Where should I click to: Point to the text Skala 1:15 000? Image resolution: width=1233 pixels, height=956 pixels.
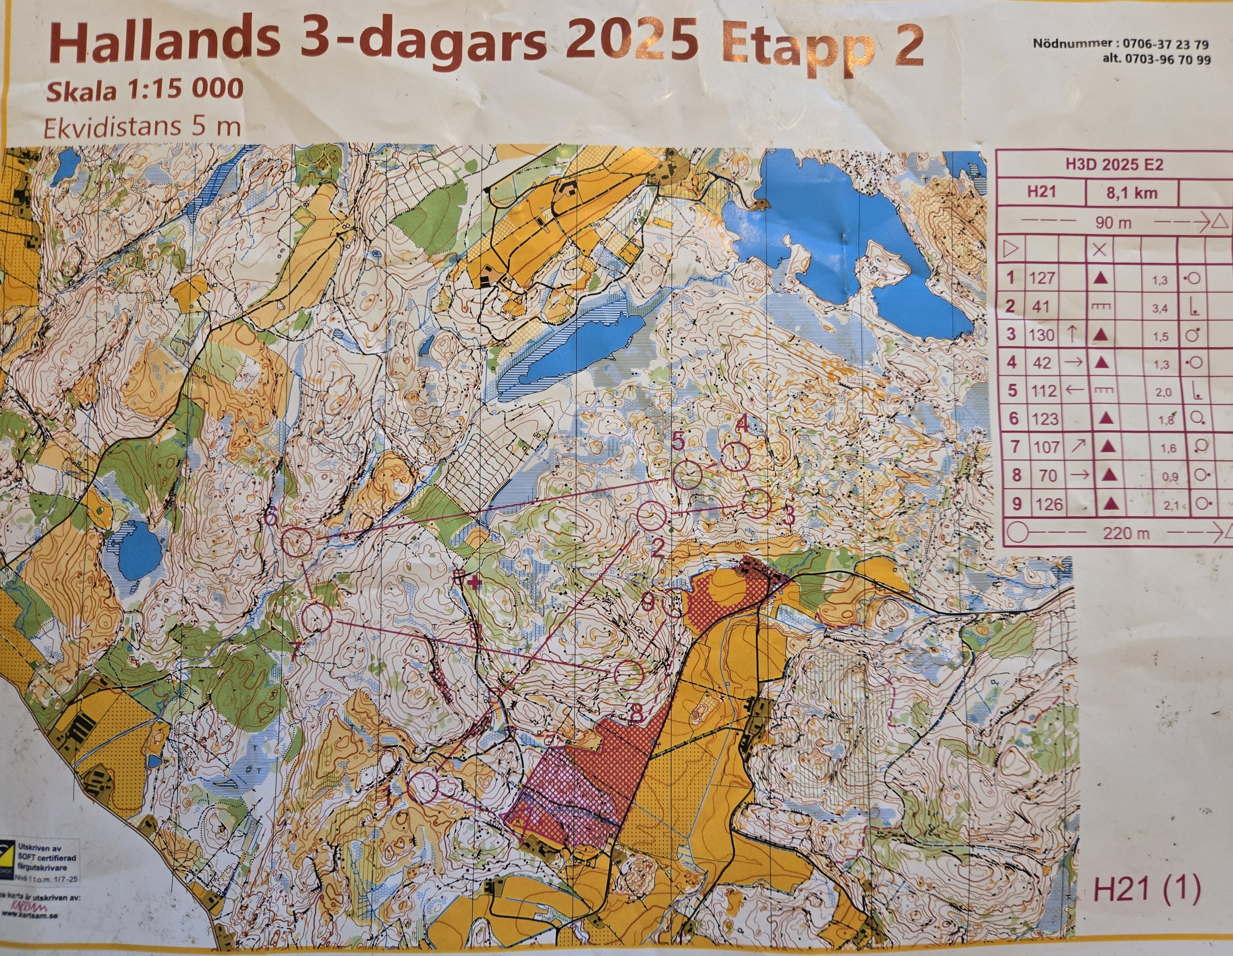point(145,90)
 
